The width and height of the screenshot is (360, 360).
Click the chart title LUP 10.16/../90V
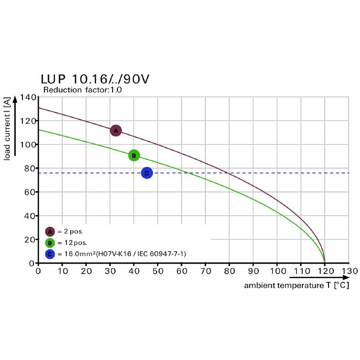[95, 80]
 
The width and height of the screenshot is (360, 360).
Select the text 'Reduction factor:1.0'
[82, 90]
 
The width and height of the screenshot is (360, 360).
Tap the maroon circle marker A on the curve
[116, 131]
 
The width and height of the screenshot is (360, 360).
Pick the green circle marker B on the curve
[134, 156]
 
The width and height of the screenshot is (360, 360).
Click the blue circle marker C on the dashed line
[147, 173]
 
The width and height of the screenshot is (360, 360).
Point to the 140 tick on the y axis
[27, 97]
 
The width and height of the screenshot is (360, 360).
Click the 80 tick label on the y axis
[29, 168]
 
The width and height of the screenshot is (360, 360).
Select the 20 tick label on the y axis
[29, 239]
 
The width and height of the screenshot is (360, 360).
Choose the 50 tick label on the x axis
[157, 271]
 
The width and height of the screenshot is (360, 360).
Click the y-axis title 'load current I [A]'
[8, 130]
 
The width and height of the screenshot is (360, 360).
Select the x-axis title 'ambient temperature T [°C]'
[297, 285]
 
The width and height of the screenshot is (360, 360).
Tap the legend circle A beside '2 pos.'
[50, 232]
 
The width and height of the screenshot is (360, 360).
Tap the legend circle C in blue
[50, 254]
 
